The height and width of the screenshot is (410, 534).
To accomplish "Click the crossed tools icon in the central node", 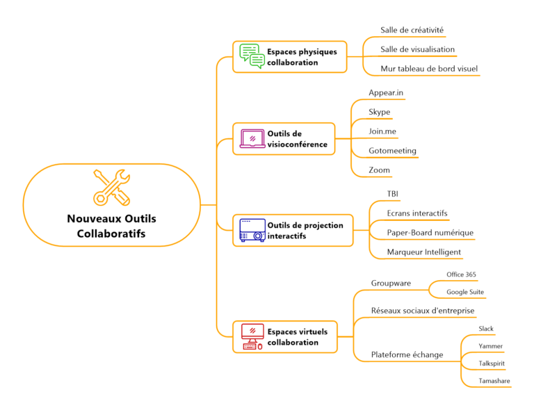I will [112, 187].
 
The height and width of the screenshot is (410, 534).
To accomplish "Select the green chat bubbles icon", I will [252, 56].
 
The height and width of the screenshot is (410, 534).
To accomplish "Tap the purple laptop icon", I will [252, 139].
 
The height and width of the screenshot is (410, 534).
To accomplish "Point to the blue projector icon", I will [252, 230].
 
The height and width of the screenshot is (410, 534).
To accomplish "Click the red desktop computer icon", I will [252, 336].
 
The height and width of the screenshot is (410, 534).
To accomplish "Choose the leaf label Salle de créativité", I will [412, 31].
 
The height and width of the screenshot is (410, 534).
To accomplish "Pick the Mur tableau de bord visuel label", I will [428, 69].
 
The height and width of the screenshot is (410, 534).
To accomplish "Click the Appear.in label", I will [386, 92].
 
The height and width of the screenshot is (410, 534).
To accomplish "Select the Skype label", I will [380, 112].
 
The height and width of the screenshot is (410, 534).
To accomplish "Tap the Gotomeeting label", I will [393, 151].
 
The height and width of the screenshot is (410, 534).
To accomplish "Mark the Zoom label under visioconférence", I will [380, 170].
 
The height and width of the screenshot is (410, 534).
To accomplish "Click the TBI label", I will [393, 194].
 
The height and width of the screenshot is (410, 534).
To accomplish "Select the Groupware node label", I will [391, 284].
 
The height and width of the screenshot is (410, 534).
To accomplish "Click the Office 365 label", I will [461, 275].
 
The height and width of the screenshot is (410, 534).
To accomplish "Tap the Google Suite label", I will [465, 293].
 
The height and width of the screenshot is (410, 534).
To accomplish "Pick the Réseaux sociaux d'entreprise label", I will [422, 311].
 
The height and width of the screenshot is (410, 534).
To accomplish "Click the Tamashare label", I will [494, 382].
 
